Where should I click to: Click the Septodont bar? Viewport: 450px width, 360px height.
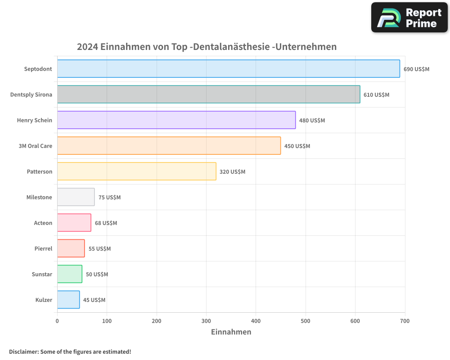pos(228,69)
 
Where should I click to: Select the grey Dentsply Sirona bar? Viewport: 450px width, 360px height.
pos(208,94)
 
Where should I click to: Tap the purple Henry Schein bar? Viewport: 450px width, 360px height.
pos(176,120)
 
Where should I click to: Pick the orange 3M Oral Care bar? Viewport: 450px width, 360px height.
pos(169,146)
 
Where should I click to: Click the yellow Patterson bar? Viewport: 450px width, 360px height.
pos(136,171)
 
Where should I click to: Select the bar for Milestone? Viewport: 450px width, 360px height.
pos(76,197)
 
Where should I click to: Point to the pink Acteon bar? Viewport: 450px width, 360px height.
pos(74,223)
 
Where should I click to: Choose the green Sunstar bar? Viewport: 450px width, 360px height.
pos(69,274)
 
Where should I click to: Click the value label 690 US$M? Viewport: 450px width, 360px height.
pos(416,69)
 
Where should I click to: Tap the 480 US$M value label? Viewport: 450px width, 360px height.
pos(312,121)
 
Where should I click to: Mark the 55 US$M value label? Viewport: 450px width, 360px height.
pos(99,249)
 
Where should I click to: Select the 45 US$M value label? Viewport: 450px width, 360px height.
pos(94,300)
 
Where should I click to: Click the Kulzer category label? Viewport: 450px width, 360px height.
pos(44,300)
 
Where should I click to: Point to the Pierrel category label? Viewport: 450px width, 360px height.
pos(43,249)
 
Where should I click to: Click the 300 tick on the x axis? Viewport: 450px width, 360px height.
pos(206,321)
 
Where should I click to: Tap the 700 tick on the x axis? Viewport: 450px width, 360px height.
pos(405,321)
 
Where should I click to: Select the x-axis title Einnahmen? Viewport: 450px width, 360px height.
pos(231,332)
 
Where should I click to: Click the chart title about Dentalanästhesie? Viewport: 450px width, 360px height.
pos(207,47)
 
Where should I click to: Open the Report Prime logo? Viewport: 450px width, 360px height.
pos(409,18)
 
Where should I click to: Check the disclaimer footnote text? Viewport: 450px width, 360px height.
pos(70,351)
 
